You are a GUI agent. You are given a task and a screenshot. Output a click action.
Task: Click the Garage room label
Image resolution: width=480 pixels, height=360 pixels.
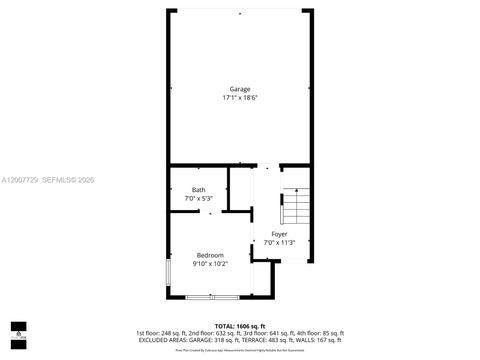click(x=239, y=89)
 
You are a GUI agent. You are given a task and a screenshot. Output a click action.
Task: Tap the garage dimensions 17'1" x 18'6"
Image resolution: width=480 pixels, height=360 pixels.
click(x=239, y=98)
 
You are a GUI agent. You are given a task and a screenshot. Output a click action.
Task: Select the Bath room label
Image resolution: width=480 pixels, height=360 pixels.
click(x=199, y=190)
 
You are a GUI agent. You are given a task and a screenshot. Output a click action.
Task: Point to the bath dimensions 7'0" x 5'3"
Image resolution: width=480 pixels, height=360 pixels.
click(x=199, y=199)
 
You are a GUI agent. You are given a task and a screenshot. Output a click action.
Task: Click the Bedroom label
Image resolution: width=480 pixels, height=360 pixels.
click(x=211, y=255)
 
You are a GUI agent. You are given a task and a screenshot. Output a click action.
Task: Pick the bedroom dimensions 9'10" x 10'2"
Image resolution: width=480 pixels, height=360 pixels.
click(x=211, y=264)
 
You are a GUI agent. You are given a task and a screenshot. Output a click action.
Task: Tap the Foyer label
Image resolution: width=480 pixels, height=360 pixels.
click(x=279, y=233)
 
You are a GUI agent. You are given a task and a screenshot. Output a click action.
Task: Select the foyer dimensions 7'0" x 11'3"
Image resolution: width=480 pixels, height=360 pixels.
click(x=279, y=242)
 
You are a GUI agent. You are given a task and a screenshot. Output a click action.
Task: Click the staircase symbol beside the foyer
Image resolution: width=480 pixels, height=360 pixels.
click(x=297, y=206)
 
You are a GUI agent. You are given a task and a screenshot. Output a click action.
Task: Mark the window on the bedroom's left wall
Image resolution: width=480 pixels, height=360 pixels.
click(x=168, y=273)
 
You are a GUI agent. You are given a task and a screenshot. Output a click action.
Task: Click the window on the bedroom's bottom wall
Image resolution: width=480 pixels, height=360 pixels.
click(x=211, y=297)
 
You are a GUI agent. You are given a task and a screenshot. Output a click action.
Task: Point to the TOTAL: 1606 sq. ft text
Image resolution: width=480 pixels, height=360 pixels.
click(x=239, y=326)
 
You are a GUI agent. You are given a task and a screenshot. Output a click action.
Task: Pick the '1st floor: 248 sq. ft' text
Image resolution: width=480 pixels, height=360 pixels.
click(x=159, y=332)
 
